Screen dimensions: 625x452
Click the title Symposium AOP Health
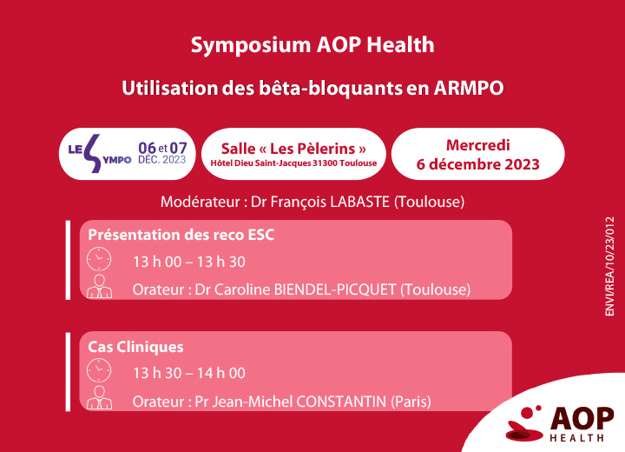tap(312, 45)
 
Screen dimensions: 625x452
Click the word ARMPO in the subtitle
tap(469, 89)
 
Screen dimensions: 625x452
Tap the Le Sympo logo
tap(100, 154)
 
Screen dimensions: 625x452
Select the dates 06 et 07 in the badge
tap(162, 148)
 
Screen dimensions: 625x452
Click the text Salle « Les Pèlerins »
tap(293, 149)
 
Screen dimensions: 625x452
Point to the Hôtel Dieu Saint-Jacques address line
tap(293, 163)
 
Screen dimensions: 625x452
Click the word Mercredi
tap(478, 145)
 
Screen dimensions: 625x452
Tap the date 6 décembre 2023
tap(478, 164)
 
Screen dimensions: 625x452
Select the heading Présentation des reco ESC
tap(181, 235)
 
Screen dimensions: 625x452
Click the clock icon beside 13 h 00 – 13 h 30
tap(99, 259)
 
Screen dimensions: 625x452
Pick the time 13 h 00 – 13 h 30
tap(189, 262)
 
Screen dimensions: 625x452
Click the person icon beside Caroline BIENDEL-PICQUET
tap(99, 286)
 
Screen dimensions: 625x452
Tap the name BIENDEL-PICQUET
tap(335, 289)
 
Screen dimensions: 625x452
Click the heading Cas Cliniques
tap(135, 347)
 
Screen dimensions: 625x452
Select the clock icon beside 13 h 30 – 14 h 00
tap(99, 370)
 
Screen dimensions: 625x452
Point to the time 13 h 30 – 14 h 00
tap(189, 374)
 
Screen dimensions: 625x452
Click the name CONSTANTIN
tap(341, 402)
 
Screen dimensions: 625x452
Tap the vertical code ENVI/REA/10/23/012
tap(610, 266)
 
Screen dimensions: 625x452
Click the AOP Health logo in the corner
tap(560, 424)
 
